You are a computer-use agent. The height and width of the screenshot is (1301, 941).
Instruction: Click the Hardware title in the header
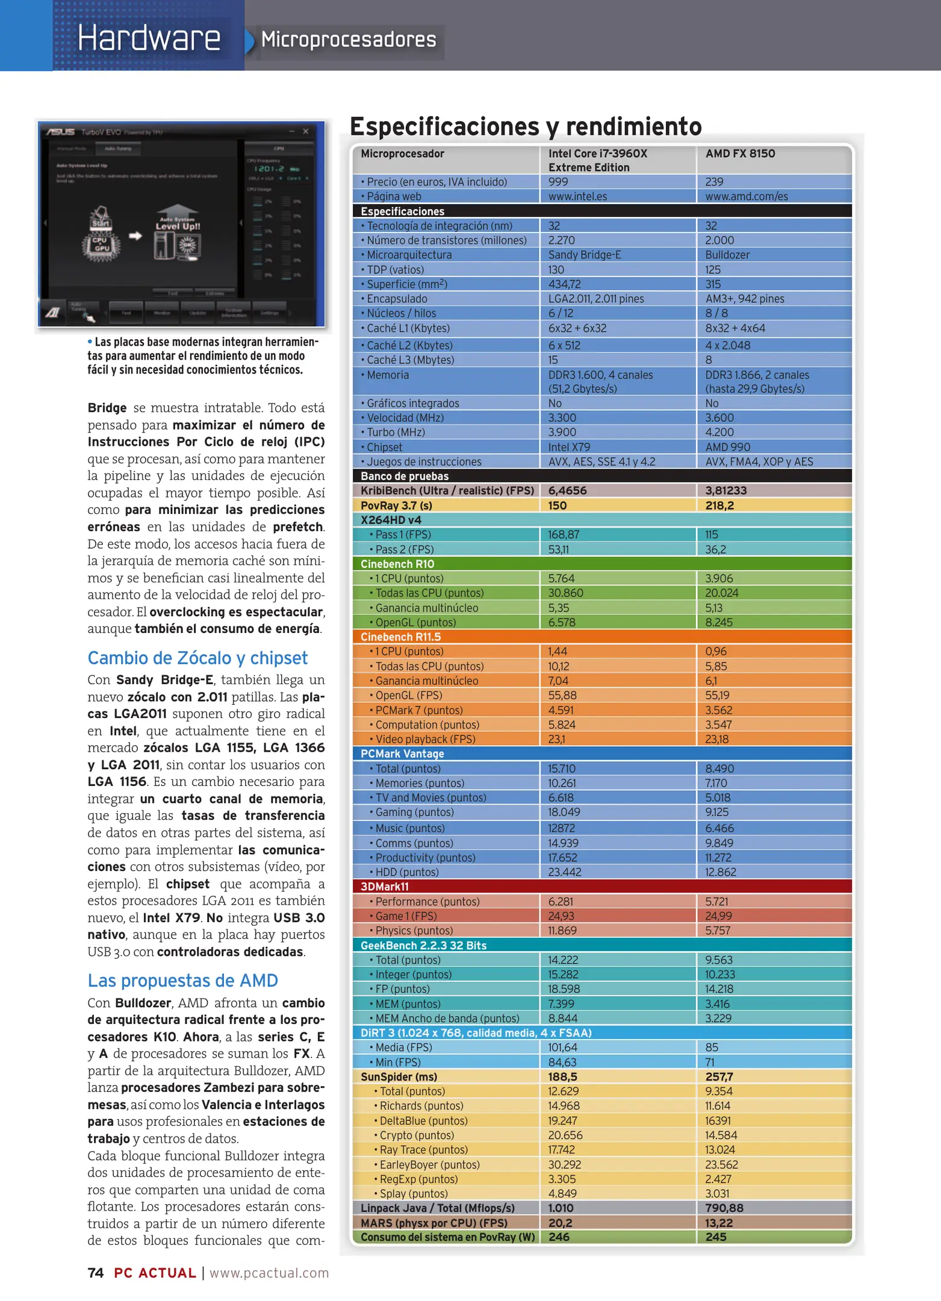[149, 38]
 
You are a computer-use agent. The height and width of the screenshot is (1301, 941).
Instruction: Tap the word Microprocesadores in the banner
[348, 40]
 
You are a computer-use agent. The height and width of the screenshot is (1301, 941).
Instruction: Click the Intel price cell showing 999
[558, 182]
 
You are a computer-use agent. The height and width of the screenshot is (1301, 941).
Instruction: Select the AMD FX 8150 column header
[740, 154]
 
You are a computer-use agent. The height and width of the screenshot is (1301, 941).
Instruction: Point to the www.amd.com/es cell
[746, 196]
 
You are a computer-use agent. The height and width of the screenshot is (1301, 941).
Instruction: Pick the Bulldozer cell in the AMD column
[727, 255]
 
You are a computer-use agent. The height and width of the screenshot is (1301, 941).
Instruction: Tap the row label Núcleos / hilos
[401, 313]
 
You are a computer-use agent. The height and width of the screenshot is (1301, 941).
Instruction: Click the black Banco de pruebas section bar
[602, 476]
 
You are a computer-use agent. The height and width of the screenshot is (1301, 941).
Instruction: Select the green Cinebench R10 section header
[602, 564]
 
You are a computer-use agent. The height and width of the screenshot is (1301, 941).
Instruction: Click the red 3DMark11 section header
[602, 887]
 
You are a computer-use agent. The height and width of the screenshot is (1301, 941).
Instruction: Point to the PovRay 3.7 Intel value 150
[557, 505]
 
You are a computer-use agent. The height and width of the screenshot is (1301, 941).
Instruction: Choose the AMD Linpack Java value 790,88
[724, 1208]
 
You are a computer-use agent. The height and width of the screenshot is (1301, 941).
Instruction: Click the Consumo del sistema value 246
[559, 1237]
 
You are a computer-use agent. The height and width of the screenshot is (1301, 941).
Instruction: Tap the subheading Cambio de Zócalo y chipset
[197, 658]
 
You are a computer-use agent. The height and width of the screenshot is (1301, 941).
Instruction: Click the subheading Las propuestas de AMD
[182, 981]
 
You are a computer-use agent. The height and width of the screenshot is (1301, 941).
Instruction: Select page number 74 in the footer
[95, 1273]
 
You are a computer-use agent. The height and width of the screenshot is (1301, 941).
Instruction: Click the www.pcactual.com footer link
[269, 1273]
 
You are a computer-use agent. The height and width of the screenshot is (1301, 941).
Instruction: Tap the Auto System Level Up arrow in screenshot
[177, 223]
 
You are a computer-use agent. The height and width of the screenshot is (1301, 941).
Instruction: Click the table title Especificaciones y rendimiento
[526, 126]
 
